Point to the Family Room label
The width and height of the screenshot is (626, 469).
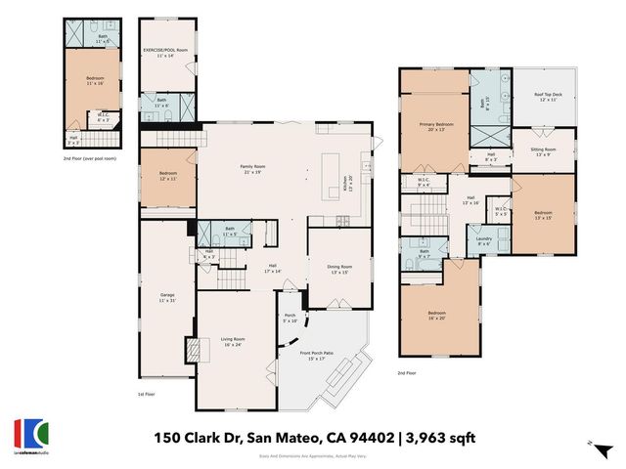click(x=255, y=169)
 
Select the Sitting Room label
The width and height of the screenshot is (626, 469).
click(x=544, y=151)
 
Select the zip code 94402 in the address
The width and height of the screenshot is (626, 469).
click(x=364, y=436)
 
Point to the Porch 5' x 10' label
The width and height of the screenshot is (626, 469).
click(x=290, y=319)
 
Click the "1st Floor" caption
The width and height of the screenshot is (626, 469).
click(x=146, y=393)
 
